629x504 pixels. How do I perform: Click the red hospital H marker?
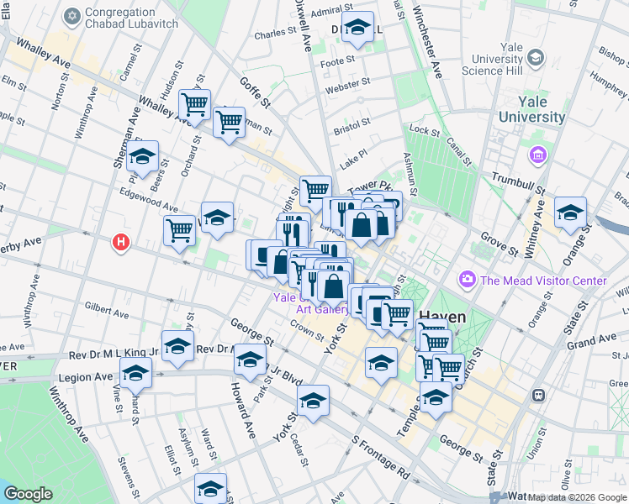coord(122,243)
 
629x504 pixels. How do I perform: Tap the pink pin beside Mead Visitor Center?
coord(466,279)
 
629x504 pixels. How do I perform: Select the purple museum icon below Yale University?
coord(536,155)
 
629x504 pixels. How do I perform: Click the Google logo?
coord(29,494)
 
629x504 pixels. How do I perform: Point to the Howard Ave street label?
coord(239,411)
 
